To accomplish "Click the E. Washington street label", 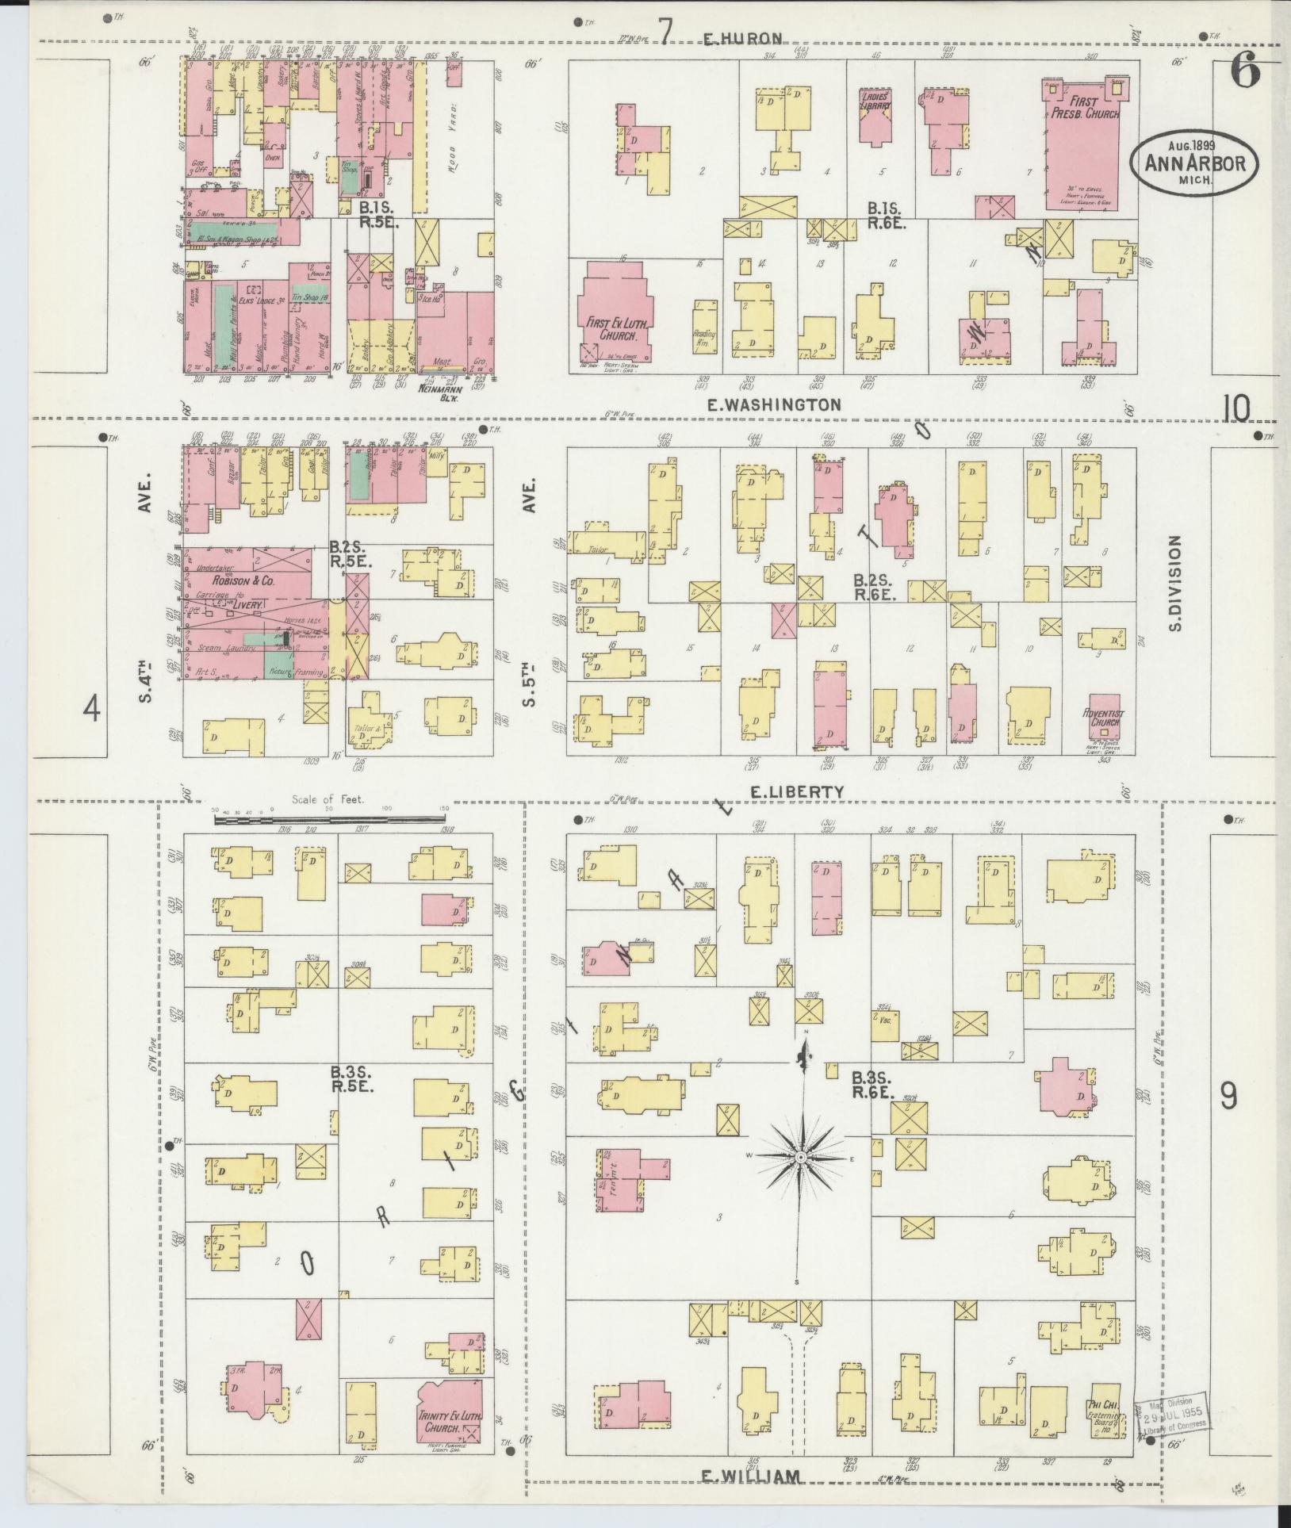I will pos(773,404).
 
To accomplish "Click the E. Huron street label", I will pos(744,37).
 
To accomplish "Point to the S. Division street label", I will pos(1176,583).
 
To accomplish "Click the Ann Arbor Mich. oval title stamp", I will pos(1193,163).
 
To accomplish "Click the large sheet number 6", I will pos(1245,73).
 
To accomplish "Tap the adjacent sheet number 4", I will pos(93,708).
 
